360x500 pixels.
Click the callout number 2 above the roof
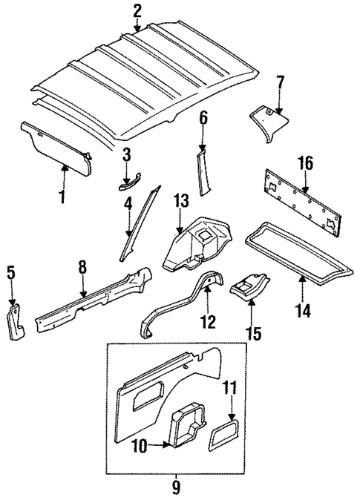pyautogui.click(x=137, y=10)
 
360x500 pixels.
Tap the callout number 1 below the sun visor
pyautogui.click(x=62, y=197)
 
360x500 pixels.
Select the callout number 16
pyautogui.click(x=303, y=163)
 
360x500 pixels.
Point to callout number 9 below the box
pyautogui.click(x=177, y=487)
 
